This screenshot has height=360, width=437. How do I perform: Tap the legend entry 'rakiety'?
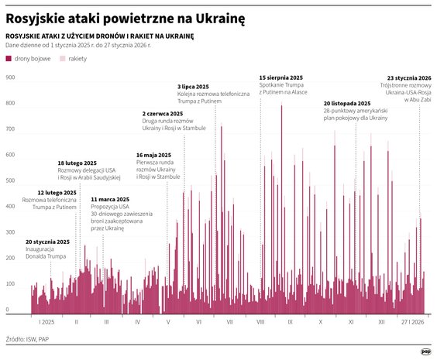point(77,59)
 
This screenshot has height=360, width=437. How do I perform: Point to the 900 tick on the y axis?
point(11,78)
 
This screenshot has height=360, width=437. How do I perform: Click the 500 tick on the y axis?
point(11,181)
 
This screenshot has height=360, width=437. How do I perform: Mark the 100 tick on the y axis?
point(11,284)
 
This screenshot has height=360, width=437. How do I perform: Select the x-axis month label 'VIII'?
point(260,321)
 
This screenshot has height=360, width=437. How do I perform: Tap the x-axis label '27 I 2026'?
point(411,321)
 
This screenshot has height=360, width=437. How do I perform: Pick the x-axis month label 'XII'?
point(381,321)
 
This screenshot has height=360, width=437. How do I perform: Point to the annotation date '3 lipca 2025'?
point(193,87)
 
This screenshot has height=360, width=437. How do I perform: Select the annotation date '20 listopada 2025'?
point(350,103)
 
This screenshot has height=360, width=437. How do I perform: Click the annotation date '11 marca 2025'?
point(110,199)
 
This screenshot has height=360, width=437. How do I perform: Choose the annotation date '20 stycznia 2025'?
point(47,242)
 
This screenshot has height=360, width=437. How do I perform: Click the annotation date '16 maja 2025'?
point(153,154)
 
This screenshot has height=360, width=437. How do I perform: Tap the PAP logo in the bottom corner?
point(425,350)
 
